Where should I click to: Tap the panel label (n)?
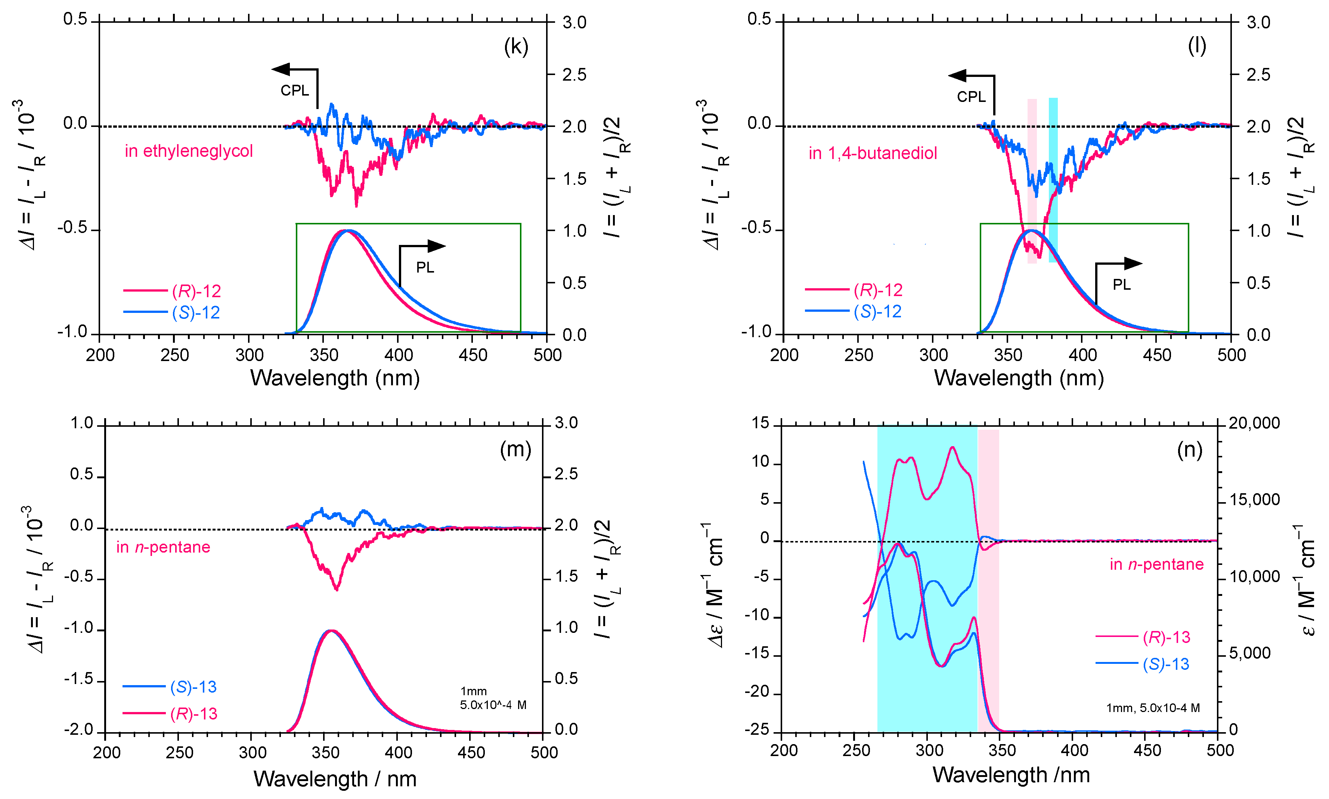tap(1190, 449)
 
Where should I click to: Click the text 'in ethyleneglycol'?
tap(189, 151)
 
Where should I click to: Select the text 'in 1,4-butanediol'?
tap(872, 153)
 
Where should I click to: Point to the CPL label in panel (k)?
tap(295, 90)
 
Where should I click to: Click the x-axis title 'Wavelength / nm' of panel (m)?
tap(335, 778)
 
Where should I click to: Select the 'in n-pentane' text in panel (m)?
tap(163, 547)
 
